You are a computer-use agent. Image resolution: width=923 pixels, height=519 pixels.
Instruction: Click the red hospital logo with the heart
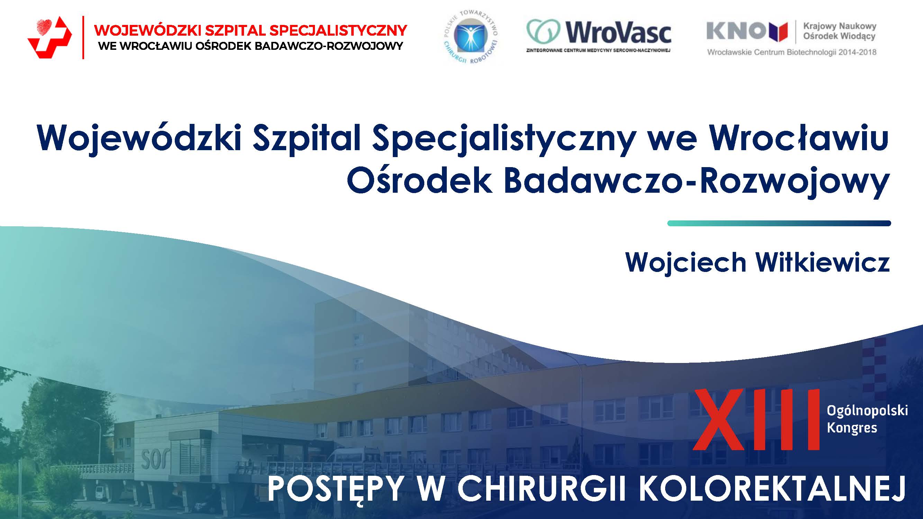coord(49,37)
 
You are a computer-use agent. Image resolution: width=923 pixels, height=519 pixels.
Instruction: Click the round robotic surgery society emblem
coord(470,37)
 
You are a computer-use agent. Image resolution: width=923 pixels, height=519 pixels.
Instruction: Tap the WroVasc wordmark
coord(618,32)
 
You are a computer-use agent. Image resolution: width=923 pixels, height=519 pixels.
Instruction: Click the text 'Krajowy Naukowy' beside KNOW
coord(840,26)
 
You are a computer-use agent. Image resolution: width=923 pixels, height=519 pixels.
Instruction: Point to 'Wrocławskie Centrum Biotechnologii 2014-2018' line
coord(791,52)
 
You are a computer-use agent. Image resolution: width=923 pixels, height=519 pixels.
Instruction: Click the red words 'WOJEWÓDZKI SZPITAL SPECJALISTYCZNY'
coord(250,30)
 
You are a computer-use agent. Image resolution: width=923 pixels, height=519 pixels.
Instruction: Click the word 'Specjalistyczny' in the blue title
coord(504,140)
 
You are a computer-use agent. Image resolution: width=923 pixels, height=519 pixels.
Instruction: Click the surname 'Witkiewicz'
coord(823,262)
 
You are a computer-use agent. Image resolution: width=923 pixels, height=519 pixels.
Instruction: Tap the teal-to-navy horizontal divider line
coord(779,224)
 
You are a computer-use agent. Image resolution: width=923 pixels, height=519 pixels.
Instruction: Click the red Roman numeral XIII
coord(757,419)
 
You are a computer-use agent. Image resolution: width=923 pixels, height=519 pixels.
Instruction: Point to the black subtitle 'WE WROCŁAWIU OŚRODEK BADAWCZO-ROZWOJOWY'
coord(251,46)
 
